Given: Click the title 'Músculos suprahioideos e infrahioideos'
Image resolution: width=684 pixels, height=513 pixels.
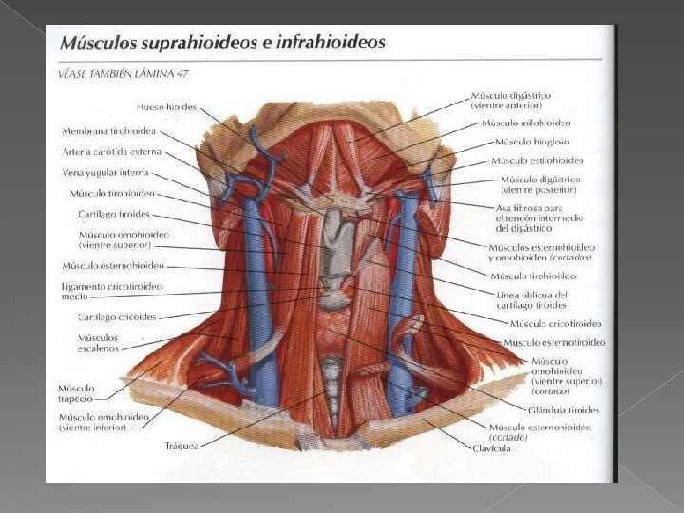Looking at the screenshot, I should tap(223, 43).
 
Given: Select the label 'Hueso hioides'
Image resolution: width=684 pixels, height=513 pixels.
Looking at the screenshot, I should tap(166, 107).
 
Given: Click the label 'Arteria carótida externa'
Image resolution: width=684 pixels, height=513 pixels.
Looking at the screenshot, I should tap(112, 152).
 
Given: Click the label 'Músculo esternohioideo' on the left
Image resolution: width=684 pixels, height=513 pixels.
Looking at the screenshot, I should tap(113, 265).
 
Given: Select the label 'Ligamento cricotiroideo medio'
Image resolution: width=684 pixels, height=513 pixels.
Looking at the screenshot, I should tap(111, 290).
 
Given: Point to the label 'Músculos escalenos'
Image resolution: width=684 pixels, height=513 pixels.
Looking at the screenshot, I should tap(99, 342).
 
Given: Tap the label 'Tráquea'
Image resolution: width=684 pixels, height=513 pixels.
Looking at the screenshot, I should tap(180, 444).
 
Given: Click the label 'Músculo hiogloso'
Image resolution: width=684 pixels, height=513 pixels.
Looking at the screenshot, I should tap(531, 142).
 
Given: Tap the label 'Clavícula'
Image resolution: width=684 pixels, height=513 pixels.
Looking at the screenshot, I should tap(491, 448).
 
